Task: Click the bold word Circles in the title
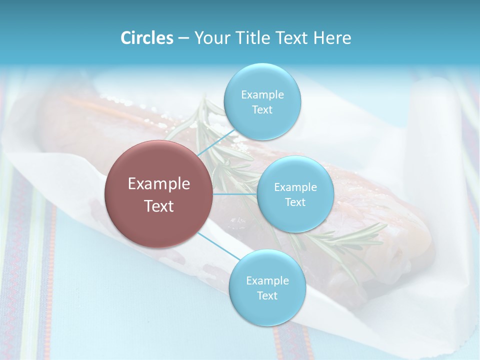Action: (146, 38)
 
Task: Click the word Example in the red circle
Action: (159, 184)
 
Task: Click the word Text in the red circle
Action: (159, 206)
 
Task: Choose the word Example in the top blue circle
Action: (262, 95)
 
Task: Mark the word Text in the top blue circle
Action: (262, 110)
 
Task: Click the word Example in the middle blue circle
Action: (295, 187)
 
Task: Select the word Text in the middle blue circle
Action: (295, 202)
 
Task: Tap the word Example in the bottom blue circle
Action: (267, 281)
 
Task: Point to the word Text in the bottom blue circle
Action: (267, 296)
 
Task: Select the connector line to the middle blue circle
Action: (235, 193)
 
